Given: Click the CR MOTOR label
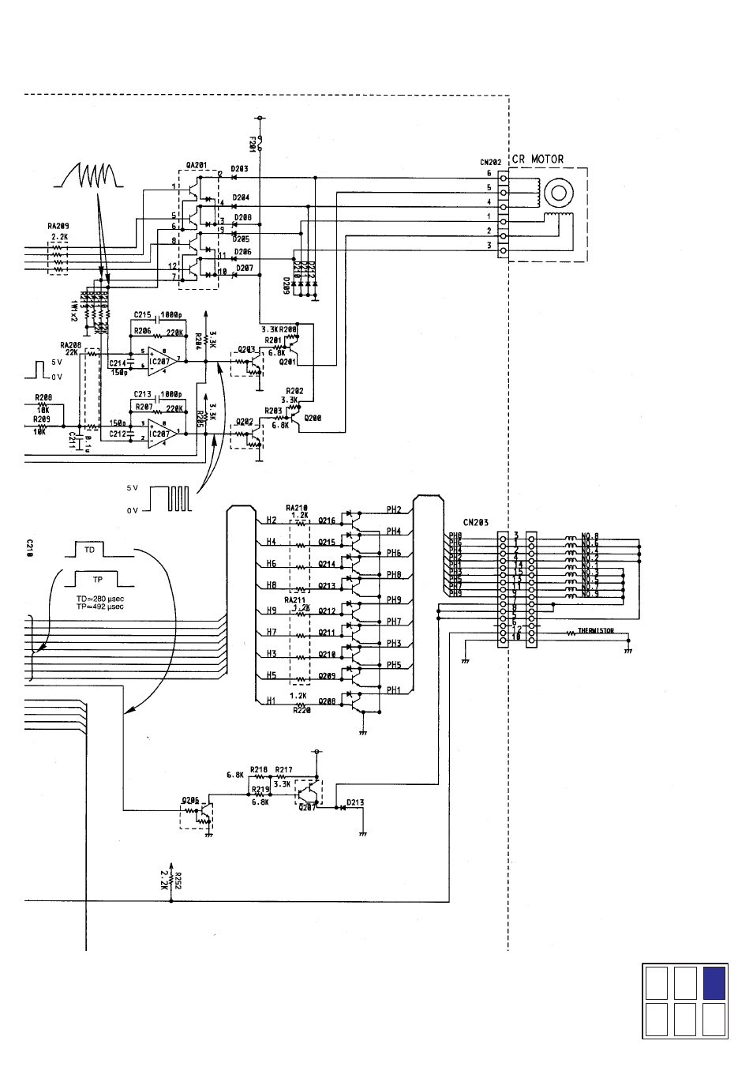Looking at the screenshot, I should point(538,159).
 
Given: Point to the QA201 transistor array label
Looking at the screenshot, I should point(197,165).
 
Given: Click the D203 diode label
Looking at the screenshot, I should point(239,169).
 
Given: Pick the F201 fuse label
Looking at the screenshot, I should point(252,144).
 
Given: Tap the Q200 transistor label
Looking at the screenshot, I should point(313,418).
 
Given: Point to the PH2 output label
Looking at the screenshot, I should point(394,509).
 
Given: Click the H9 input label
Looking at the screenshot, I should point(271,610).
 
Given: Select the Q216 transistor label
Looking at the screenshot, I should point(327,520).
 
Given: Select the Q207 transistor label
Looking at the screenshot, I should point(306,808).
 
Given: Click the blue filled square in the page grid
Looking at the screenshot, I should point(714,983).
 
